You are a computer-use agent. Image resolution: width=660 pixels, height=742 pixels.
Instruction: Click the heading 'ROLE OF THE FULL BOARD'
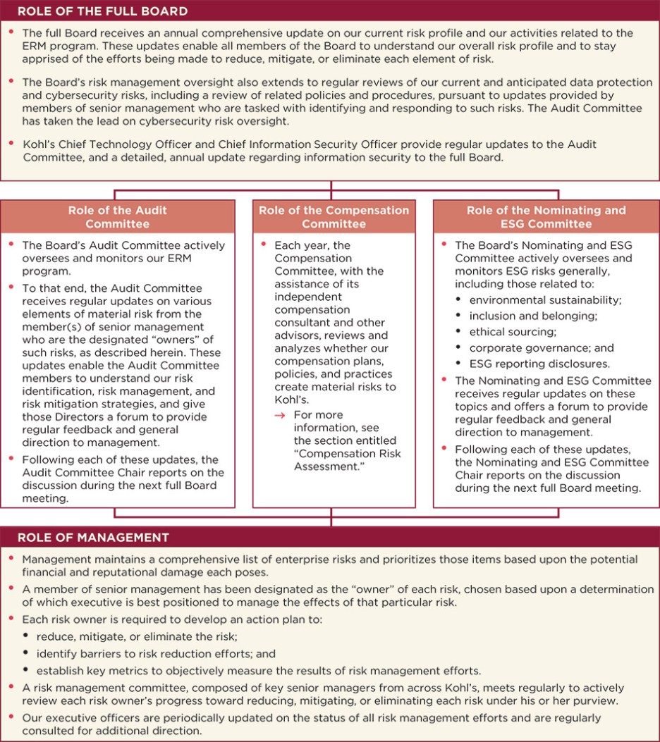click(x=102, y=11)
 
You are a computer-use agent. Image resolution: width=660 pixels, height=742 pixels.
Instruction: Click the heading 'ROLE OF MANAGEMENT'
click(x=93, y=538)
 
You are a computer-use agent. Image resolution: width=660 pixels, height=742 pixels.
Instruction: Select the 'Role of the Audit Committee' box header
click(x=117, y=217)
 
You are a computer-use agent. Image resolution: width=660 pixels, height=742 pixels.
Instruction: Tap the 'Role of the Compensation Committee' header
click(x=334, y=217)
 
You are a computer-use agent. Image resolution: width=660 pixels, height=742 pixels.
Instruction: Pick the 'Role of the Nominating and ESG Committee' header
click(x=546, y=217)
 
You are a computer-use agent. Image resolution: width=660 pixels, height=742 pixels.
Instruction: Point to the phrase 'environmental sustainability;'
click(x=545, y=299)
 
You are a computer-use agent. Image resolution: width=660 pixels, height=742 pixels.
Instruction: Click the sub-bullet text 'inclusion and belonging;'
click(x=533, y=316)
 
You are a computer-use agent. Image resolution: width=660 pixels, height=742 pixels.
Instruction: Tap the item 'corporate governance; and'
click(x=542, y=347)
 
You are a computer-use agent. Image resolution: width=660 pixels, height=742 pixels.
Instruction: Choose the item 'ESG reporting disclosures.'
click(x=539, y=364)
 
